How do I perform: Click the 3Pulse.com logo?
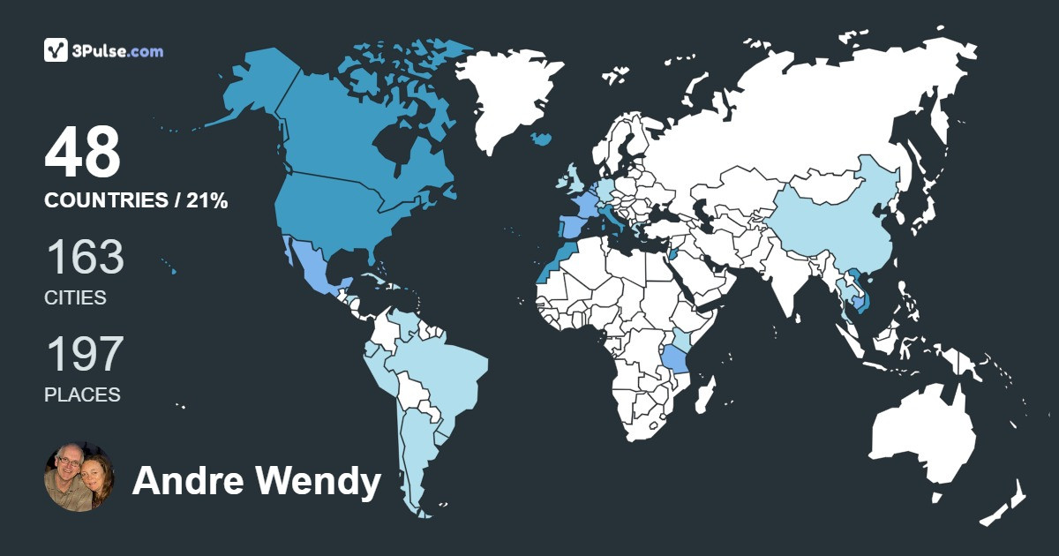coord(103,50)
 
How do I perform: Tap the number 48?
coord(83,153)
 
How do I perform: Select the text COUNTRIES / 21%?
coord(136,201)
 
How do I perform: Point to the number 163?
coord(85,258)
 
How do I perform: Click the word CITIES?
coord(75,297)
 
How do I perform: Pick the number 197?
coord(84,355)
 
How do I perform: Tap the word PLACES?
coord(82,394)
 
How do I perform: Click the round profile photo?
coord(79,477)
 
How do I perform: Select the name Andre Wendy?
coord(256,482)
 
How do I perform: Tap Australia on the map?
coord(922,432)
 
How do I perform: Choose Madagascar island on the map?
coord(704,394)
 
